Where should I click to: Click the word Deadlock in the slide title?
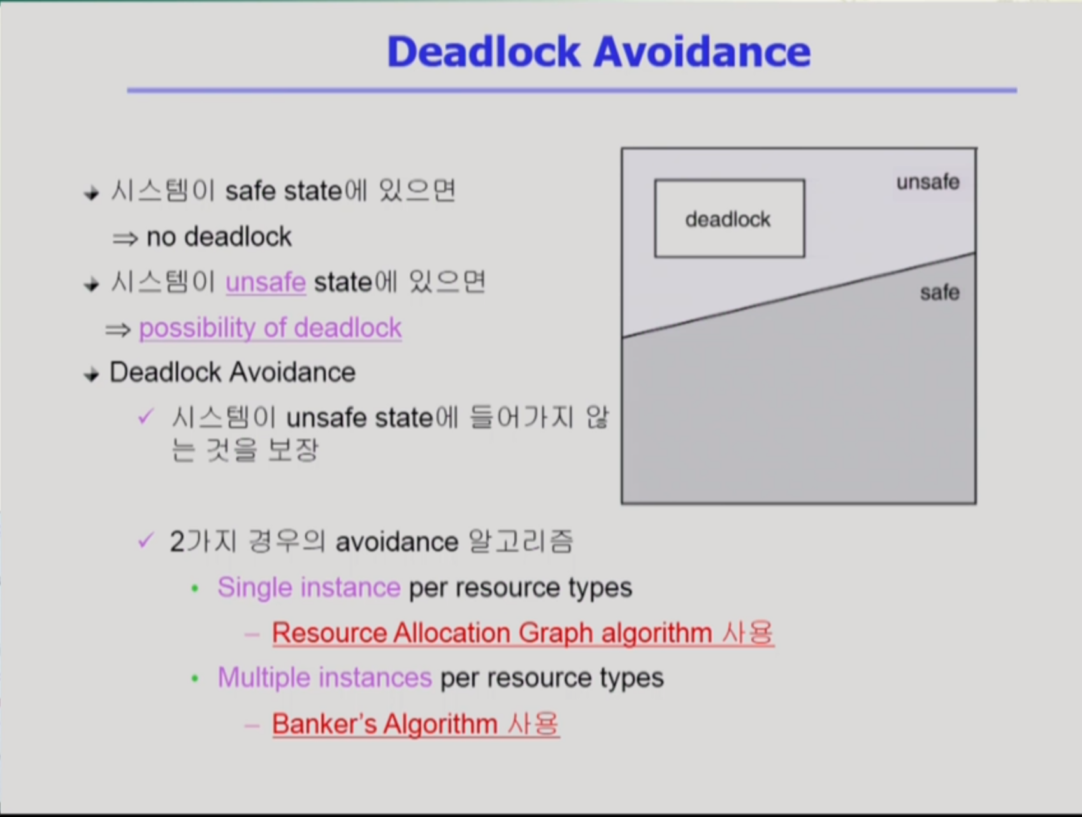pyautogui.click(x=484, y=51)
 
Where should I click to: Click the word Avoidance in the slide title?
pyautogui.click(x=702, y=51)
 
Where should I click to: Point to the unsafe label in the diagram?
pyautogui.click(x=928, y=182)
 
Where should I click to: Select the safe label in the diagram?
pyautogui.click(x=940, y=293)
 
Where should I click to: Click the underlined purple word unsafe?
pyautogui.click(x=266, y=282)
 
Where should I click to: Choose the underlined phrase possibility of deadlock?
pyautogui.click(x=270, y=328)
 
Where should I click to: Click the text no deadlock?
pyautogui.click(x=219, y=237)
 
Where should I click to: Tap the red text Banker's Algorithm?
pyautogui.click(x=384, y=724)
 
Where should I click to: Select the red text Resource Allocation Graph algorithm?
pyautogui.click(x=492, y=633)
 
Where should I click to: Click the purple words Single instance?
pyautogui.click(x=309, y=588)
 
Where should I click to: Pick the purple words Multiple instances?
pyautogui.click(x=325, y=677)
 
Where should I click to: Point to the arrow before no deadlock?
pyautogui.click(x=125, y=239)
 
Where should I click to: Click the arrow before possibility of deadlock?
pyautogui.click(x=118, y=330)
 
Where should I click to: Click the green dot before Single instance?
pyautogui.click(x=195, y=589)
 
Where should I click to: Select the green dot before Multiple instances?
pyautogui.click(x=195, y=679)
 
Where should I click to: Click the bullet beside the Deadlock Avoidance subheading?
pyautogui.click(x=92, y=375)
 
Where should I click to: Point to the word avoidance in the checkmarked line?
pyautogui.click(x=397, y=542)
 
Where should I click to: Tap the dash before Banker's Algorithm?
pyautogui.click(x=252, y=725)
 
